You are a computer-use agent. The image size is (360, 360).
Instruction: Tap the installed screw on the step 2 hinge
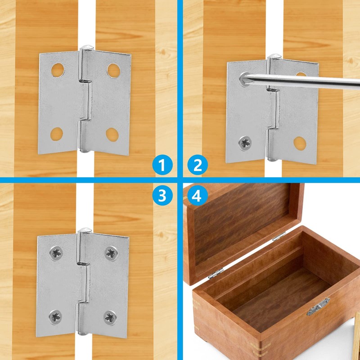point(245,143)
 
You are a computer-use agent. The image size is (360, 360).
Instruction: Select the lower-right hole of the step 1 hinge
point(112,134)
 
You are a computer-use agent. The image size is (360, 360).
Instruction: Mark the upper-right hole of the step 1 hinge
point(113,69)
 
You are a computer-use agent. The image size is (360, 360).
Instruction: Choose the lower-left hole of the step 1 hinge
point(57,133)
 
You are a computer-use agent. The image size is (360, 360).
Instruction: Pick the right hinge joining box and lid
point(279,235)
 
